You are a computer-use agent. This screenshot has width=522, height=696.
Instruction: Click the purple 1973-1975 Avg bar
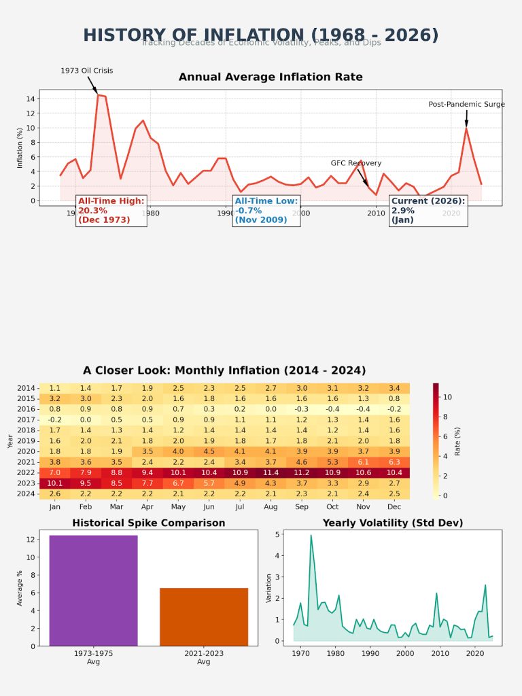93,590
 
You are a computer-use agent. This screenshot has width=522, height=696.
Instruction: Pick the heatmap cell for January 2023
55,483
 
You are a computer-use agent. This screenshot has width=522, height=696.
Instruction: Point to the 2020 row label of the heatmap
26,451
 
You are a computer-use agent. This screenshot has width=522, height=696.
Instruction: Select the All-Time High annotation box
111,210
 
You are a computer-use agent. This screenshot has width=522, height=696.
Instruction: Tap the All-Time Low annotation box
266,210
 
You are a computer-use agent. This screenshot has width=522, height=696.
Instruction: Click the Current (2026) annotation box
428,210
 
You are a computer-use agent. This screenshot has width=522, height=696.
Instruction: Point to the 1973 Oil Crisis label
87,71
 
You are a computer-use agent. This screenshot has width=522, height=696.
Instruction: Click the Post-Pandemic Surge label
466,105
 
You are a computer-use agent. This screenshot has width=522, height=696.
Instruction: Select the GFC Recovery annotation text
356,163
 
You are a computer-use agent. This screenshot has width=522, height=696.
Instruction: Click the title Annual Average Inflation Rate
271,77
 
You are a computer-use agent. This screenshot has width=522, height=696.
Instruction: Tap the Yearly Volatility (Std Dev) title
393,523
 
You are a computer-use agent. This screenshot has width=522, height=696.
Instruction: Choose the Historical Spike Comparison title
149,523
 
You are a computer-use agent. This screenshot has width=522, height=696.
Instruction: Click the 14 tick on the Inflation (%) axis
31,99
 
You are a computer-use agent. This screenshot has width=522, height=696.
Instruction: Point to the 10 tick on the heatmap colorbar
448,397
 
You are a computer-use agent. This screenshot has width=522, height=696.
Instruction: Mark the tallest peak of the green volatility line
311,535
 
